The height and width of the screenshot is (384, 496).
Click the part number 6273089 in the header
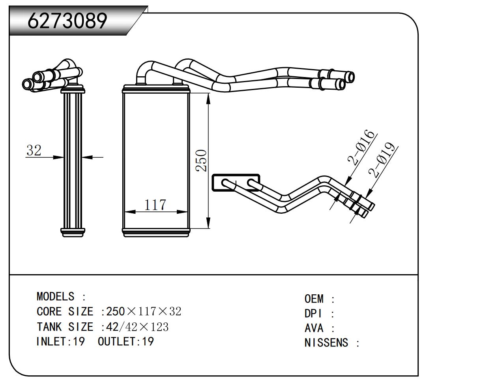67,21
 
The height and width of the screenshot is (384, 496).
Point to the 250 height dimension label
202,160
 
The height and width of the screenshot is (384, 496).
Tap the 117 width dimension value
155,205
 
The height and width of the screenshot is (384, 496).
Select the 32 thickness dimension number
34,150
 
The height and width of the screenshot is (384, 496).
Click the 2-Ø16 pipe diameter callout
361,147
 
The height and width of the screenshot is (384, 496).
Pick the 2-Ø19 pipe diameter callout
382,160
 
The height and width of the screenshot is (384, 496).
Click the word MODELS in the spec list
55,296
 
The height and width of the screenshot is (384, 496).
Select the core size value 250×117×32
144,311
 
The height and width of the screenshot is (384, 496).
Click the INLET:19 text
60,341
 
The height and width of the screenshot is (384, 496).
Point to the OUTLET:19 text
125,341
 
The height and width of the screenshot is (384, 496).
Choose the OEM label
314,299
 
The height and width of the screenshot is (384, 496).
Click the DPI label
314,313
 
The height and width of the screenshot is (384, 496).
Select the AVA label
314,328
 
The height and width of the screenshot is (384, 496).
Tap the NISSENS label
326,343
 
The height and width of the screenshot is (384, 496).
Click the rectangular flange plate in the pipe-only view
236,183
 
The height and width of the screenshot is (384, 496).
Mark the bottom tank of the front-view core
156,232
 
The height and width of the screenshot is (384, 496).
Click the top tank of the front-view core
156,89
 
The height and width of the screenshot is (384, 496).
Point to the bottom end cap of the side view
73,232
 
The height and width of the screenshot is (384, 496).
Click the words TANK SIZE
65,327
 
